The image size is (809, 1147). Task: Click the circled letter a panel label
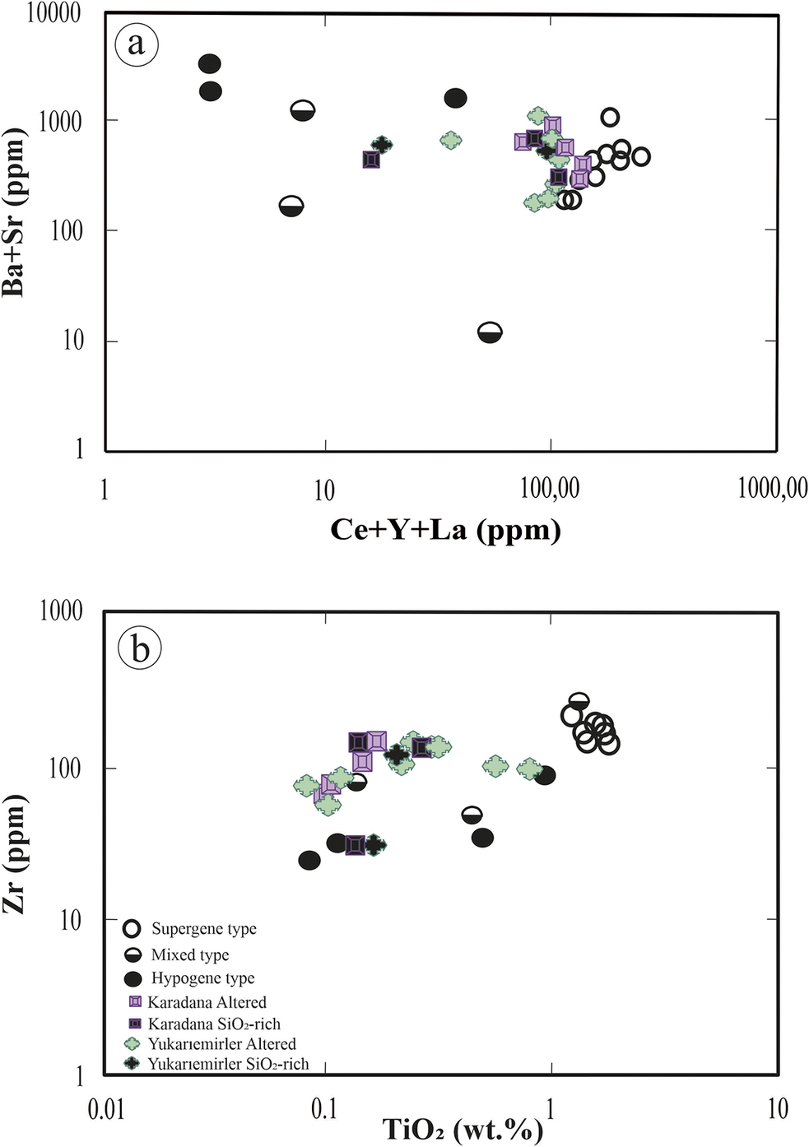[136, 44]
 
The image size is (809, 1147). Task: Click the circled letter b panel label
[139, 648]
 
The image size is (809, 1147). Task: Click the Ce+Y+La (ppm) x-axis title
[445, 529]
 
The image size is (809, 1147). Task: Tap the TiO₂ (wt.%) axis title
[461, 1129]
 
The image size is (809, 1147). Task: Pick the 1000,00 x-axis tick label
[772, 489]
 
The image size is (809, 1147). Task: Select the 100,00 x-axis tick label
[550, 489]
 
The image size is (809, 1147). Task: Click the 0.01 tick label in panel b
[107, 1109]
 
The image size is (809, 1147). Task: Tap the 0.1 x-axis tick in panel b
[324, 1109]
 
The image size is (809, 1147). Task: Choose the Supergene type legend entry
[203, 929]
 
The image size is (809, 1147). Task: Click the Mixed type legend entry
[190, 954]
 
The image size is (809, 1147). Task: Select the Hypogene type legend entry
[202, 978]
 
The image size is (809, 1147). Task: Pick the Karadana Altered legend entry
[207, 1002]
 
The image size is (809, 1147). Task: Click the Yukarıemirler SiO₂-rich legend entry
[228, 1064]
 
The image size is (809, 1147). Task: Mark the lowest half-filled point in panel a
[490, 332]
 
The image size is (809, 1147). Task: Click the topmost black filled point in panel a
[210, 63]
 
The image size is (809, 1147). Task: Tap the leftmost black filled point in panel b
[309, 860]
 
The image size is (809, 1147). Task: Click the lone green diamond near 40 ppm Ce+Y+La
[450, 140]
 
